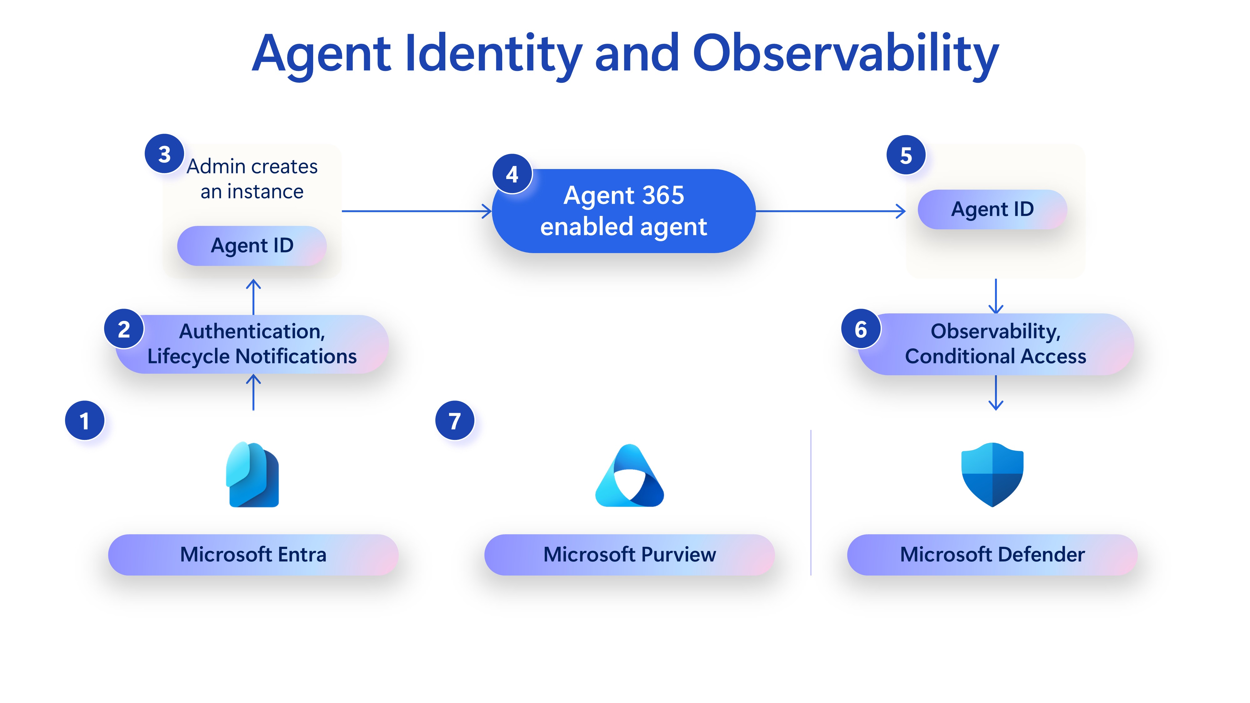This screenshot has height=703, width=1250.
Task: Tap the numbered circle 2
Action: pos(124,329)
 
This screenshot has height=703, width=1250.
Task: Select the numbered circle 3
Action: pos(164,154)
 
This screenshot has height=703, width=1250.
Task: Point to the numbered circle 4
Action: pos(512,174)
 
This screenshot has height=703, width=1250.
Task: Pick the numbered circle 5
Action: pos(906,155)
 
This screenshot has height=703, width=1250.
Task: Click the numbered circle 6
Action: pos(861,329)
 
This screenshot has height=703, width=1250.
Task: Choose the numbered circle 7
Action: pos(455,421)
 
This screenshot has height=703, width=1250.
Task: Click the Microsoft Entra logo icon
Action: pos(253,475)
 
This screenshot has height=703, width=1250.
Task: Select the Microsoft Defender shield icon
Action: pos(992,475)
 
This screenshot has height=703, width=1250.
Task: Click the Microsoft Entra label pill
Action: pos(253,555)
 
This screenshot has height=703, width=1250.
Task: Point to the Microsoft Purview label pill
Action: pos(629,555)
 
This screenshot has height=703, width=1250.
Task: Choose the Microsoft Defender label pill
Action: pos(992,555)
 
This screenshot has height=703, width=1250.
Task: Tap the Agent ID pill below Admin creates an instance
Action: pos(252,246)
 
